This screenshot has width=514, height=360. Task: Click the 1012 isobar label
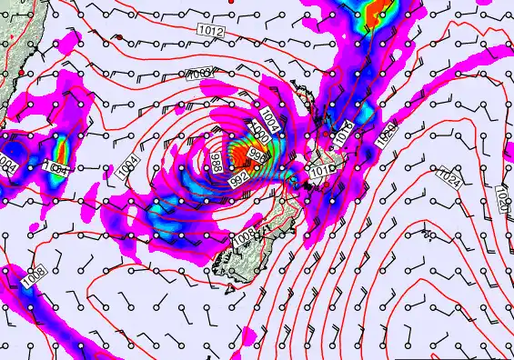point(209,32)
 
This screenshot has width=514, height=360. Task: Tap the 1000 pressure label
point(261,133)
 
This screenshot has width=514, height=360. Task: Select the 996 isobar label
point(257,156)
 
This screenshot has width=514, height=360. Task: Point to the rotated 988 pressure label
point(215,165)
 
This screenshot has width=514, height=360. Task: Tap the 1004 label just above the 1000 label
point(269,117)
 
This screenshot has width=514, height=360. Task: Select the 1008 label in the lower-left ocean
point(34,272)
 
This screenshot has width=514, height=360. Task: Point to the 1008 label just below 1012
point(203,73)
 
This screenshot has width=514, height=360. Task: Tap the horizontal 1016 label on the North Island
point(319,170)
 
